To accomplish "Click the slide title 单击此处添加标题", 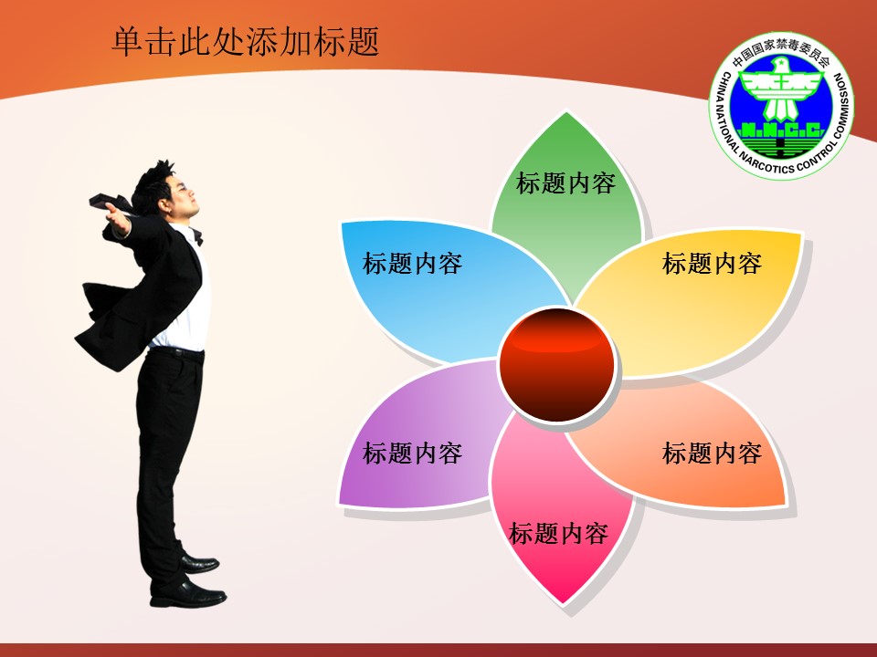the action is click(x=246, y=42).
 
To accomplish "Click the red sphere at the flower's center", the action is click(x=556, y=364).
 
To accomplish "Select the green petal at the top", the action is click(x=566, y=207).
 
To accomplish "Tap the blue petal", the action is click(x=442, y=285).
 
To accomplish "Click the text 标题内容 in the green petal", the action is click(x=566, y=183).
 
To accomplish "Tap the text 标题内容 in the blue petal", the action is click(x=413, y=263).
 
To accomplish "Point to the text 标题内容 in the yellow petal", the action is click(x=712, y=263).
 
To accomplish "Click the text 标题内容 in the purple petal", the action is click(x=413, y=454).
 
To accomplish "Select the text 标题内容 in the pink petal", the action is click(x=559, y=534).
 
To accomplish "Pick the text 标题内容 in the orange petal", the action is click(x=712, y=454).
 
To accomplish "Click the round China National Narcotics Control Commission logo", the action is click(x=782, y=106).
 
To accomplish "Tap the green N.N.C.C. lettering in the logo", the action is click(x=782, y=130).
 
